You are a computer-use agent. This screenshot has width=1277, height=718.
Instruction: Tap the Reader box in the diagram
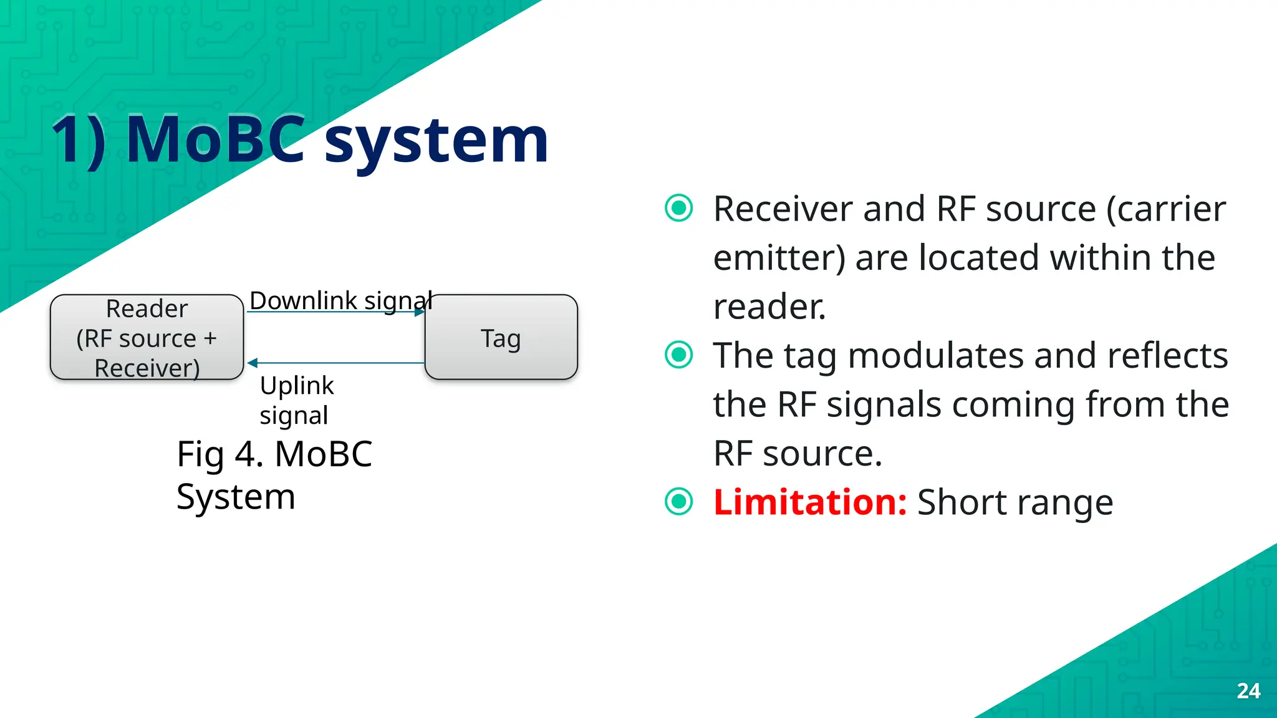147,337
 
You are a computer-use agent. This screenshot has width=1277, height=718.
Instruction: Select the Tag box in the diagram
501,337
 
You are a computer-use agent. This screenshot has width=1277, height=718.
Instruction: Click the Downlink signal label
340,300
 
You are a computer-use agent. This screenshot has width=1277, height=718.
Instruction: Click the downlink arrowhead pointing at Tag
420,312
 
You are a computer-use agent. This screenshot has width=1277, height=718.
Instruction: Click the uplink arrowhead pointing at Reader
253,363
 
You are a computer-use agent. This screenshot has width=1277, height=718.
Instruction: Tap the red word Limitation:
809,502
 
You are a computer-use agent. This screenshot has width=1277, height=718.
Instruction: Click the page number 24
1248,691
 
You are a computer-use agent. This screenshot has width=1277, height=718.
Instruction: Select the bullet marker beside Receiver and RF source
678,208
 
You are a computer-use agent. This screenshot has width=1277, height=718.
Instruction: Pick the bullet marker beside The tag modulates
678,355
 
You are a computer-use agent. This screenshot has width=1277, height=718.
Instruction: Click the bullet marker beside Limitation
678,502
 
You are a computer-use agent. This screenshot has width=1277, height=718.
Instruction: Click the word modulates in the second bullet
936,355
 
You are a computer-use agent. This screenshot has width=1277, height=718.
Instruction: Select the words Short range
1014,502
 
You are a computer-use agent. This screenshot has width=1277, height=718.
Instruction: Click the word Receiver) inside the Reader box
147,368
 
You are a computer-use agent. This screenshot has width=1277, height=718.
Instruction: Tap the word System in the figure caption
236,497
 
